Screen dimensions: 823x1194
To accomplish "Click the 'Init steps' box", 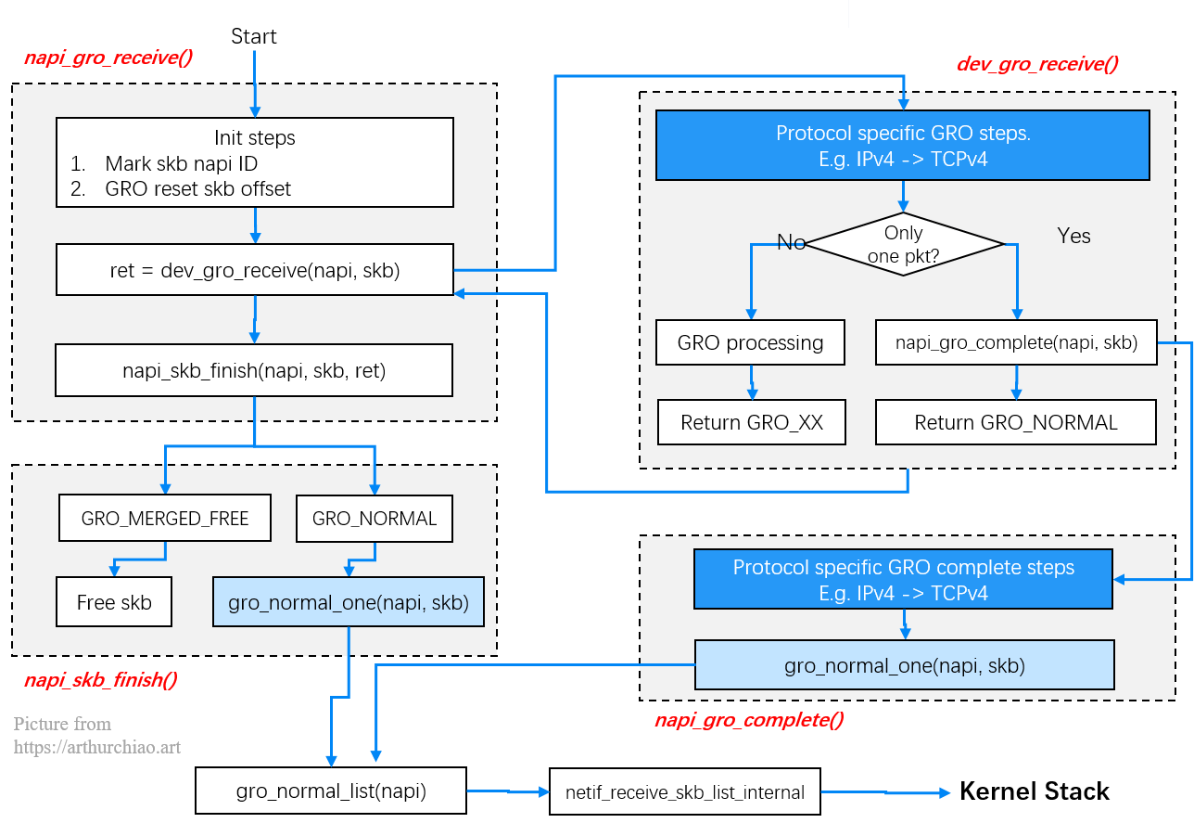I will [x=255, y=161].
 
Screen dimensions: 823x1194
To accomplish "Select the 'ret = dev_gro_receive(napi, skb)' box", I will [x=255, y=271].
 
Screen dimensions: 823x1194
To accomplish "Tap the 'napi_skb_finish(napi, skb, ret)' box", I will [x=254, y=371].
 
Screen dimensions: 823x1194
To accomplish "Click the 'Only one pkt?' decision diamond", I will [x=904, y=244].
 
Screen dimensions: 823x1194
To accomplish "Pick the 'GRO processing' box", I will [x=750, y=342].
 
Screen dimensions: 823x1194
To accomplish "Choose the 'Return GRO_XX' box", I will [x=751, y=422].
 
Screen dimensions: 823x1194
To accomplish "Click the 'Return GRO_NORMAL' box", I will [x=1016, y=422].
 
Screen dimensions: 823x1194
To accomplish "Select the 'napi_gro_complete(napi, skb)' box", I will [x=1016, y=342].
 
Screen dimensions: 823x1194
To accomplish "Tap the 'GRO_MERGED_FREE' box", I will [x=165, y=519].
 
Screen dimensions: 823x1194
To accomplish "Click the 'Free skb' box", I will [x=114, y=602].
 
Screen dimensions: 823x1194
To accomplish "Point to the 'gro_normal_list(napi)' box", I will [x=331, y=791].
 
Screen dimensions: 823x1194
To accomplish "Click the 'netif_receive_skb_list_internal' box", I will [x=685, y=792].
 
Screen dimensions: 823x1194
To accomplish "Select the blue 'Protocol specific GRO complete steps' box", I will [x=904, y=580].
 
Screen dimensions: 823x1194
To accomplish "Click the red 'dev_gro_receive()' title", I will [x=1037, y=64].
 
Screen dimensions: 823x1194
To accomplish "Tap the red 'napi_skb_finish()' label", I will [x=100, y=680].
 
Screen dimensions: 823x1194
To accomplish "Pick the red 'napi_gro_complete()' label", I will [x=749, y=720].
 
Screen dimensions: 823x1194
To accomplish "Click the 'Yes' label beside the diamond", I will [x=1073, y=236].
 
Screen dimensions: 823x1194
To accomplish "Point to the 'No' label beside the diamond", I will [x=791, y=242].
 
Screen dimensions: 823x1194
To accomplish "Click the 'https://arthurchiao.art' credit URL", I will [x=96, y=746].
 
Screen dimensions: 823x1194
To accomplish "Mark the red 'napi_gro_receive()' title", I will [x=108, y=58].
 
